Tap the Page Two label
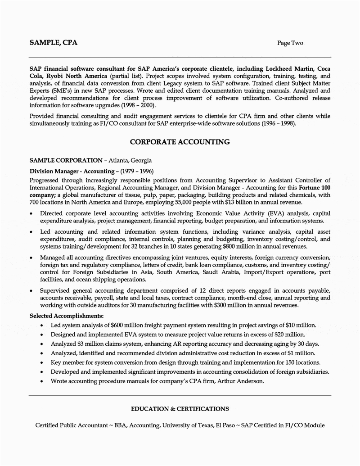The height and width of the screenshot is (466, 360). pos(290,43)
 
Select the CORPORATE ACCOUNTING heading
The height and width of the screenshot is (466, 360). pos(180,142)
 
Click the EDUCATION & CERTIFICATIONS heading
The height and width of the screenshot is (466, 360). pos(180,409)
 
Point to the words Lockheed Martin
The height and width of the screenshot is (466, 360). pos(292,69)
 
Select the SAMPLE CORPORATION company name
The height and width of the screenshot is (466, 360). pos(66,160)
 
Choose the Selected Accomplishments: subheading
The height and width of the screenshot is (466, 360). pos(67,316)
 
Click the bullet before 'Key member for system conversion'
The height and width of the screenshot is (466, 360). pos(42,362)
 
